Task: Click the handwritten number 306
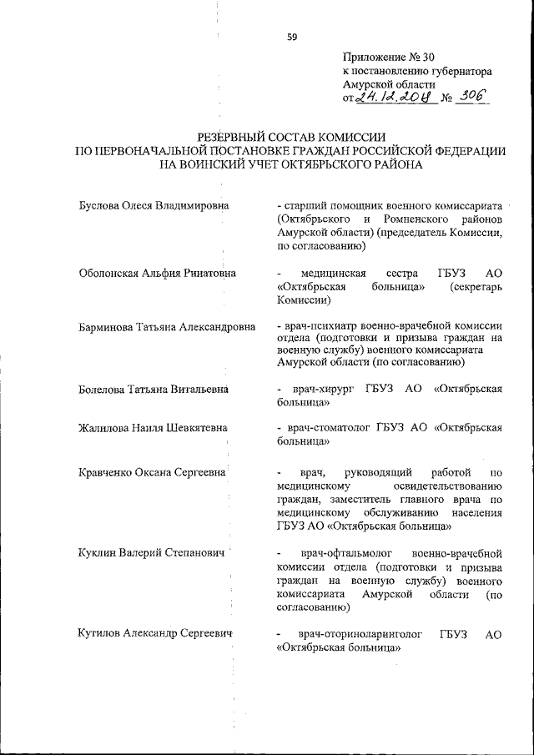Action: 472,98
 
